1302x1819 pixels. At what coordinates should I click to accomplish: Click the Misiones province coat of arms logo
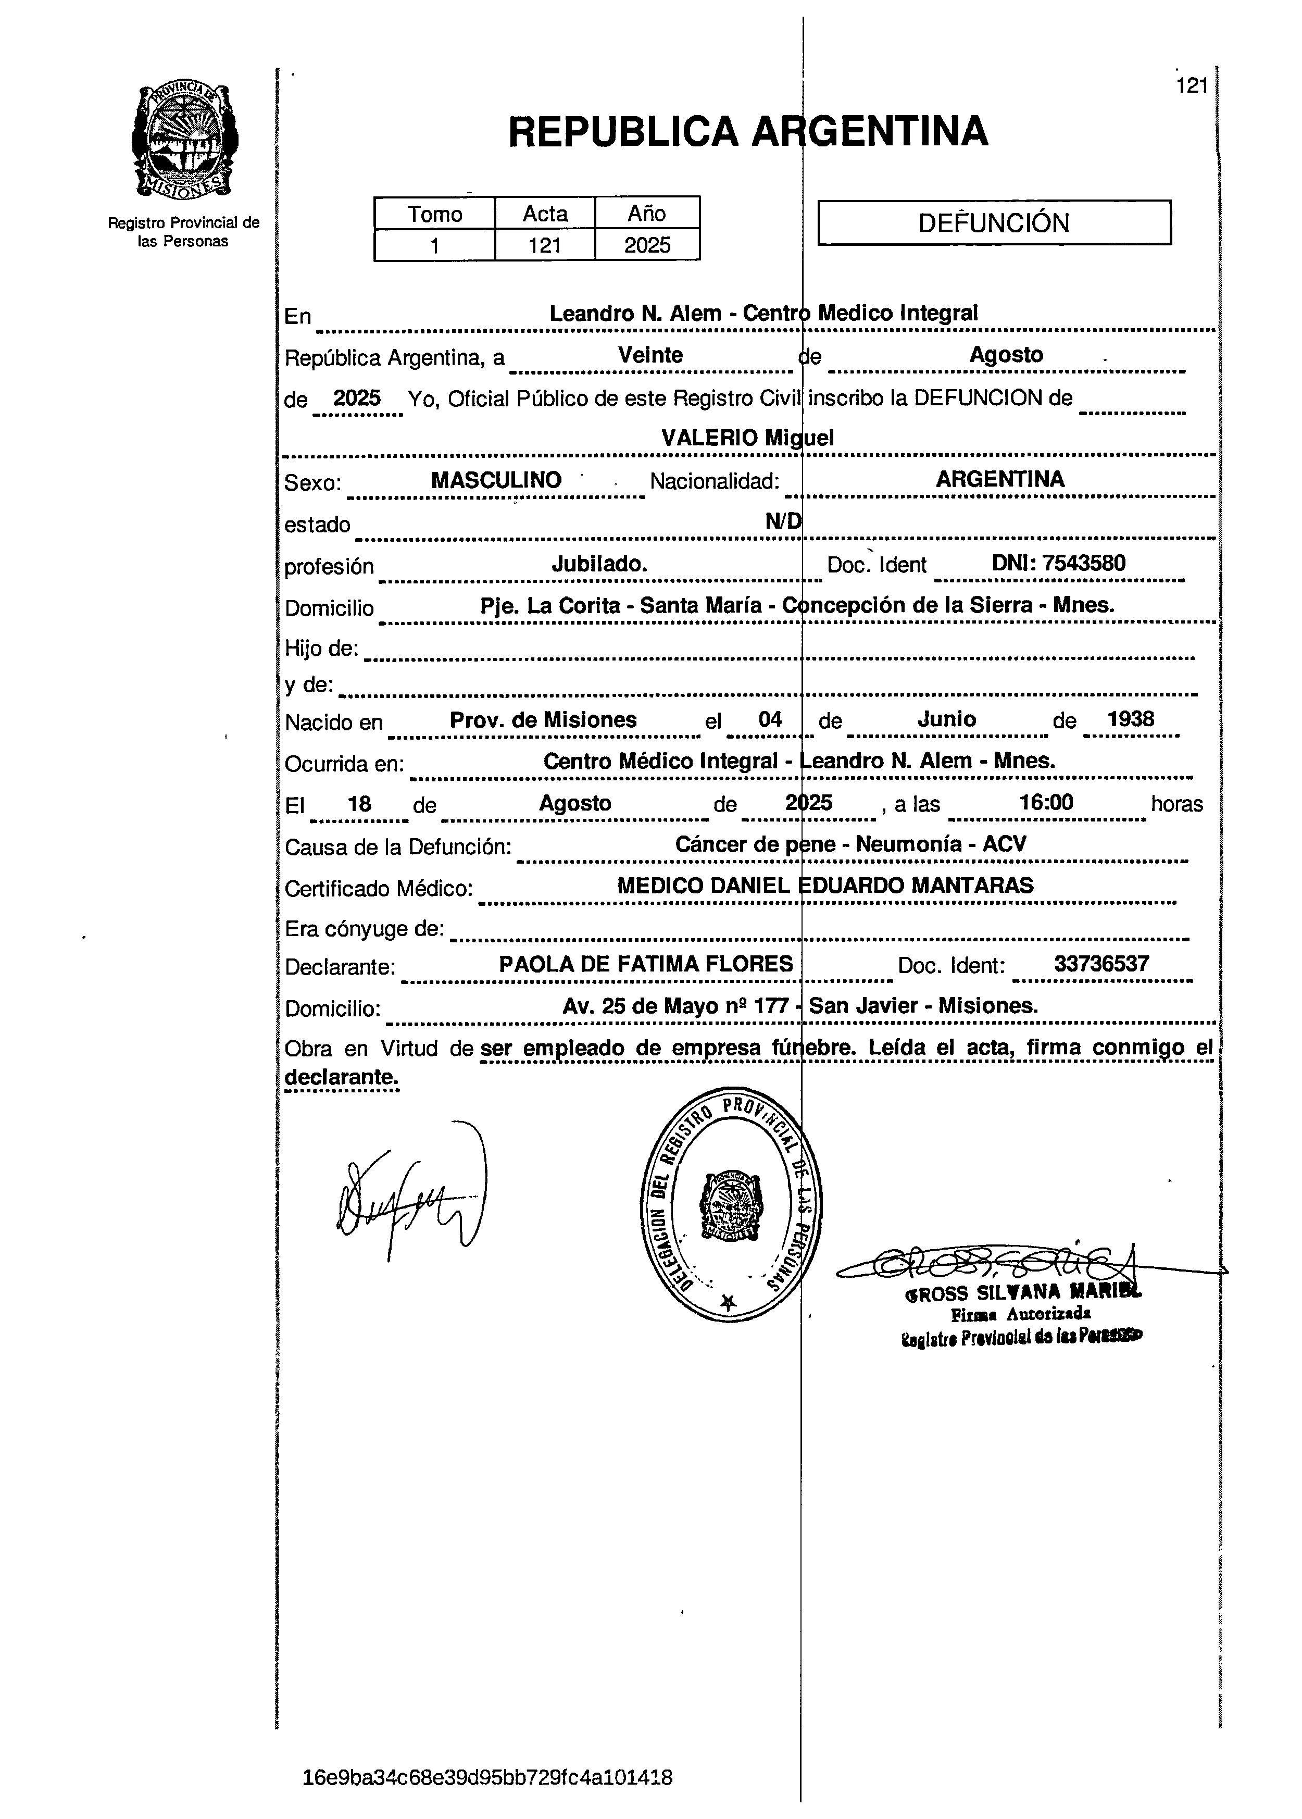click(x=184, y=142)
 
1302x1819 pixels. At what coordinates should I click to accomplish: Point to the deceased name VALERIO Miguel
click(x=747, y=438)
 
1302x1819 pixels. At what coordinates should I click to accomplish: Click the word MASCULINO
click(x=496, y=480)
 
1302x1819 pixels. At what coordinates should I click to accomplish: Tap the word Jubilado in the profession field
click(x=599, y=564)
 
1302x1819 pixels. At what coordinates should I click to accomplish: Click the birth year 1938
click(x=1131, y=719)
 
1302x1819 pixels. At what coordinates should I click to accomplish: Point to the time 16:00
click(x=1046, y=803)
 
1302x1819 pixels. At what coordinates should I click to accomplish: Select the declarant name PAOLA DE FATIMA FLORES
click(x=645, y=964)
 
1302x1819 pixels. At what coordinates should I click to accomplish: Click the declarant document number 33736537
click(x=1101, y=964)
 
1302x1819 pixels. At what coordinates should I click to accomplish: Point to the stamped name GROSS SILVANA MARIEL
click(x=1022, y=1293)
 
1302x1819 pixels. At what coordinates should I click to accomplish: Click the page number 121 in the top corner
click(x=1192, y=86)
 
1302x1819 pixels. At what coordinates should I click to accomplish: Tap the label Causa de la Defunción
click(x=398, y=846)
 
